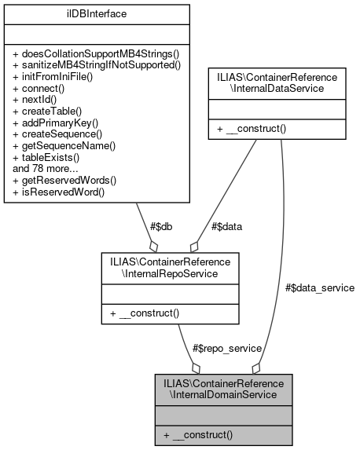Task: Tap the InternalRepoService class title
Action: (171, 267)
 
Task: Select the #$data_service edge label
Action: (320, 287)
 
